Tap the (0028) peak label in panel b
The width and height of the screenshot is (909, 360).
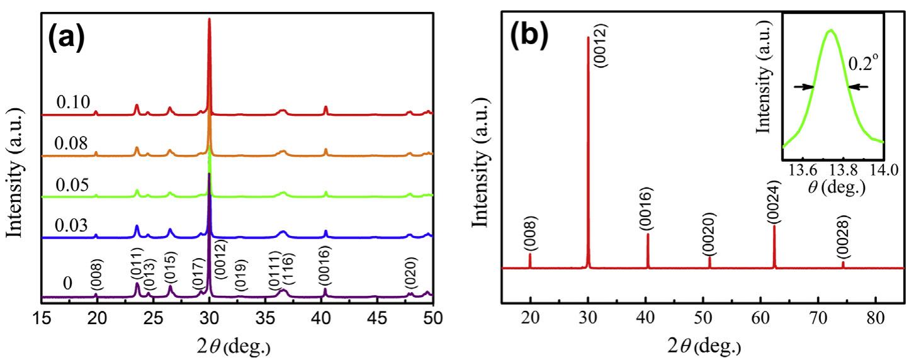(844, 237)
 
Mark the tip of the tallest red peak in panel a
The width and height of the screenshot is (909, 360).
(209, 20)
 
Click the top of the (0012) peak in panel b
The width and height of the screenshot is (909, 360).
(588, 37)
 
